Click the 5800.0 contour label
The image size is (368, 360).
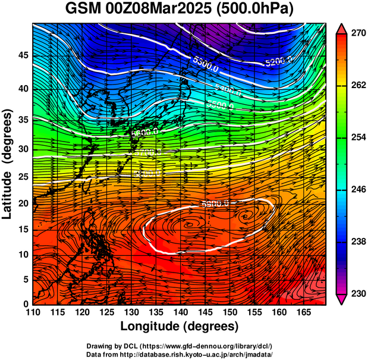(216, 204)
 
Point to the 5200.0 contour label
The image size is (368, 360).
(279, 61)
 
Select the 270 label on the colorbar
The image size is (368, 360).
(357, 33)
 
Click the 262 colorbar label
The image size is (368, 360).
(357, 85)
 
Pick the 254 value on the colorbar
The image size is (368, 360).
(357, 137)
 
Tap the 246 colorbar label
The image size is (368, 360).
(357, 190)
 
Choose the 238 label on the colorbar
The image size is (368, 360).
(357, 242)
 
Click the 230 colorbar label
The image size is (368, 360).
(357, 294)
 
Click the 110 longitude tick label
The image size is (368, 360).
(33, 312)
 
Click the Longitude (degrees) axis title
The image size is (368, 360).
(180, 326)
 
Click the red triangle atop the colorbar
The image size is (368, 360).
(342, 28)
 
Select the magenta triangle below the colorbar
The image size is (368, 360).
(342, 299)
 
